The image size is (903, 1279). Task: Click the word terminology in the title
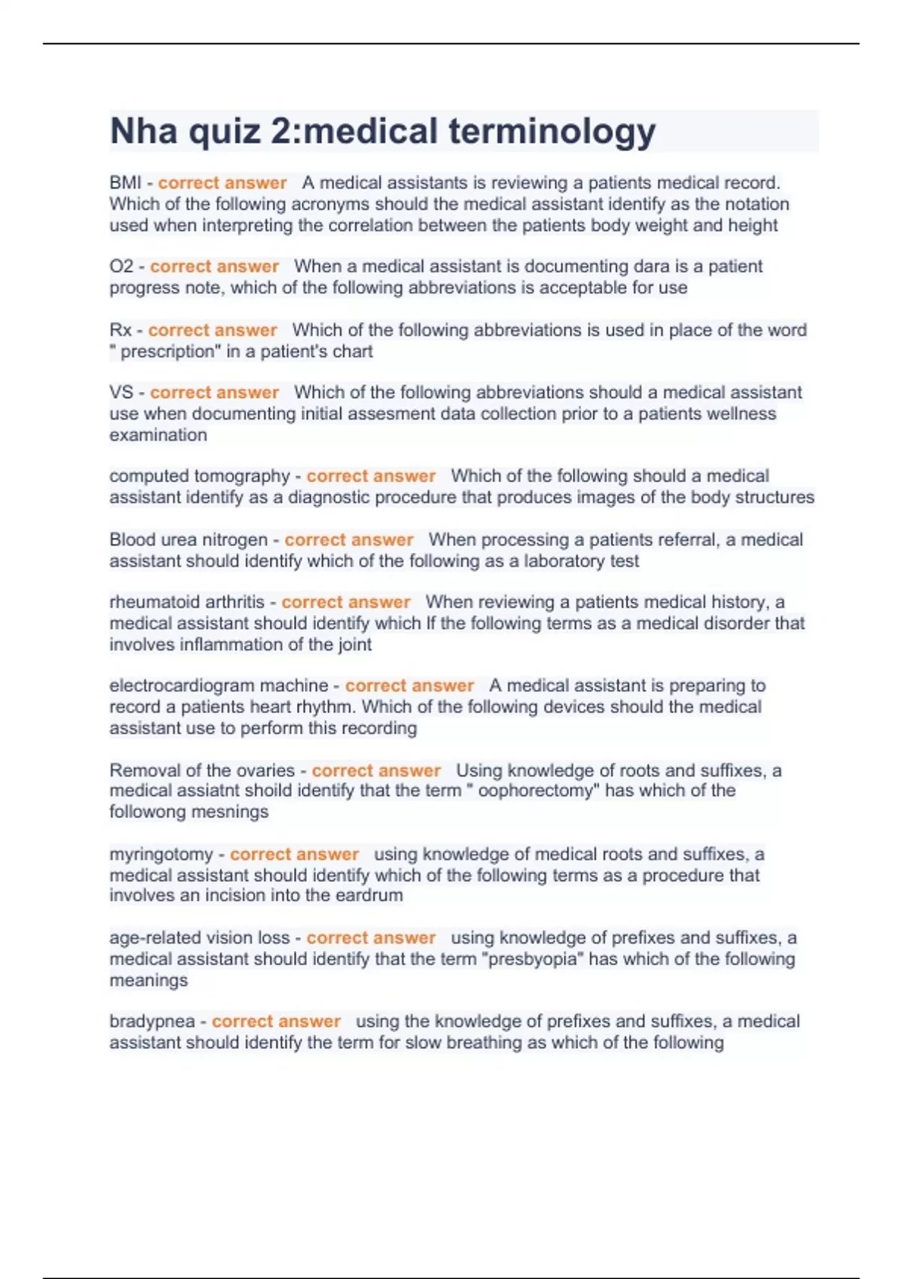(552, 132)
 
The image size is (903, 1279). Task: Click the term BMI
(125, 183)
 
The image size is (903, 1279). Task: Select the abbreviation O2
(121, 266)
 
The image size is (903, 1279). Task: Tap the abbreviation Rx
(120, 330)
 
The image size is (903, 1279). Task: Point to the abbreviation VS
(121, 393)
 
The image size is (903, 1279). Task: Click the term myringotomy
(161, 855)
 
